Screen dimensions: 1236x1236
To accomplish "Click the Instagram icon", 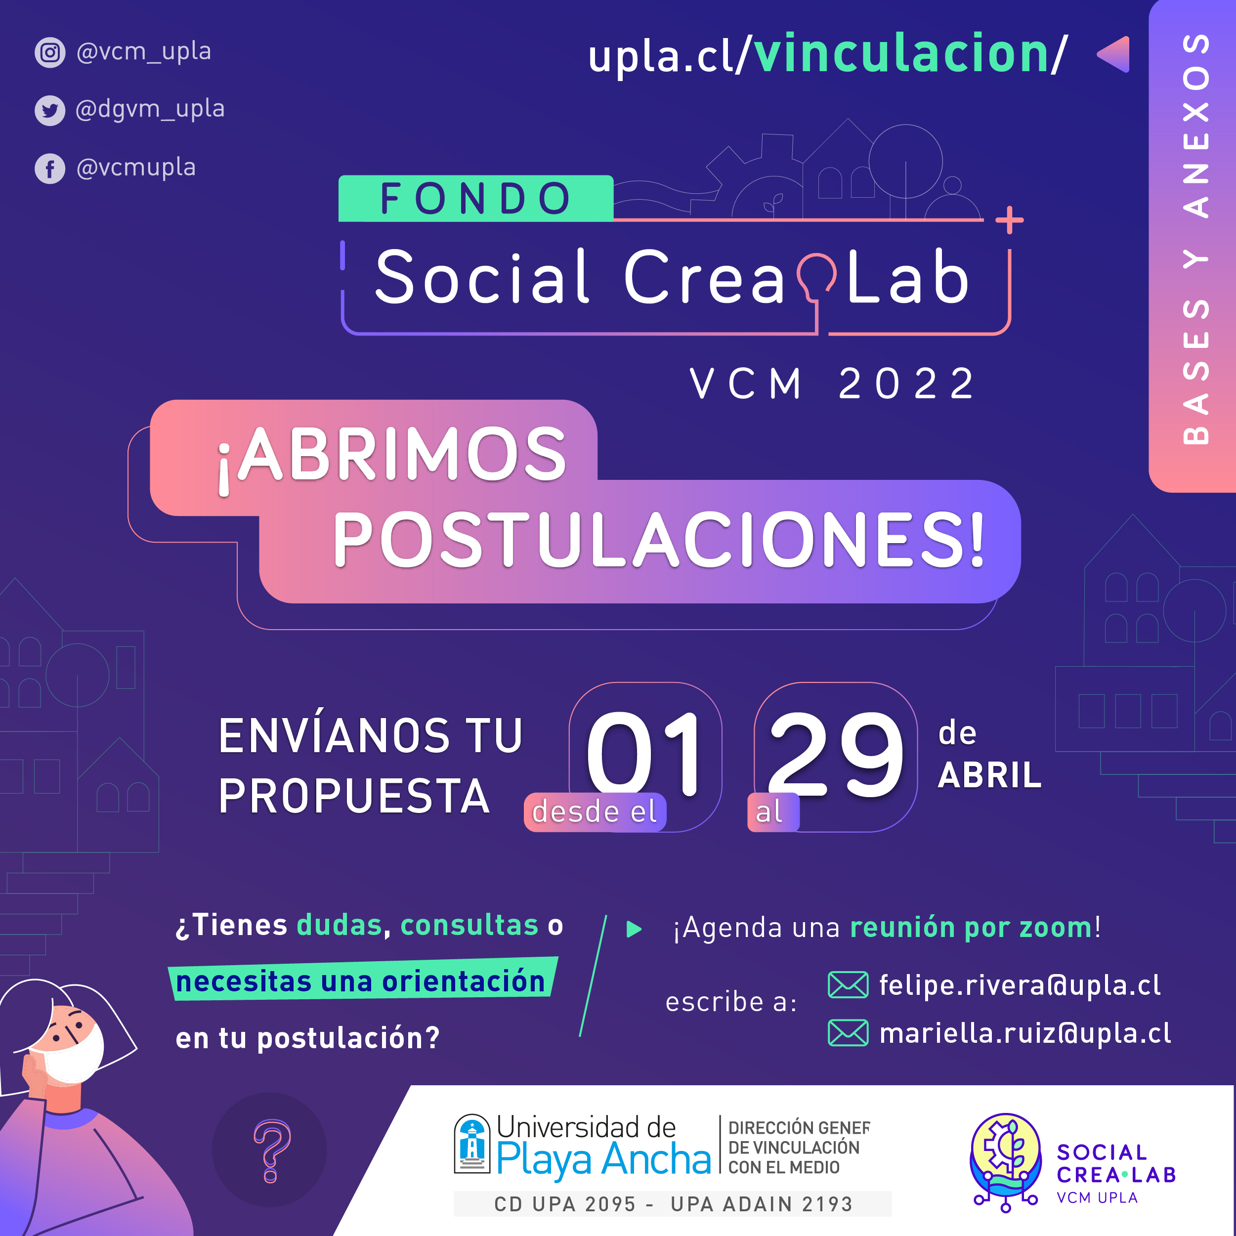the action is tap(50, 52).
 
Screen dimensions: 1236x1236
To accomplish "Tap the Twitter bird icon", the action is tap(50, 111).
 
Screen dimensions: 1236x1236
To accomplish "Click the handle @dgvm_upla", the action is tap(150, 109).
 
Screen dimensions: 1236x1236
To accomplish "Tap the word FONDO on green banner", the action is tap(475, 198).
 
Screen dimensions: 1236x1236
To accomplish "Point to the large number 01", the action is tap(644, 755).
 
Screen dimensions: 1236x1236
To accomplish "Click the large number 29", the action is tap(836, 755).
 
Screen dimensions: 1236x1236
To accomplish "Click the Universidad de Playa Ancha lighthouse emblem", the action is tap(472, 1144).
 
